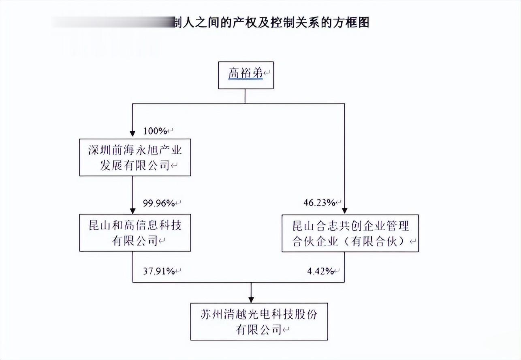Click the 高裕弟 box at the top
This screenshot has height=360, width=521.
246,75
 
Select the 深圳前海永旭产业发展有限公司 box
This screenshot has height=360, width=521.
135,158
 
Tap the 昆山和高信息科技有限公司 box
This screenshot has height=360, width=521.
135,233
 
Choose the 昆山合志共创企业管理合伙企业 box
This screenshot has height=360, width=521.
350,234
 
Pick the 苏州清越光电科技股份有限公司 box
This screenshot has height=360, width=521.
259,321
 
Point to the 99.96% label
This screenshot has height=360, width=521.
159,202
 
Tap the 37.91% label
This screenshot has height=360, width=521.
159,271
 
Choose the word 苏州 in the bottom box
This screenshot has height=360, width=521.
211,314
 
